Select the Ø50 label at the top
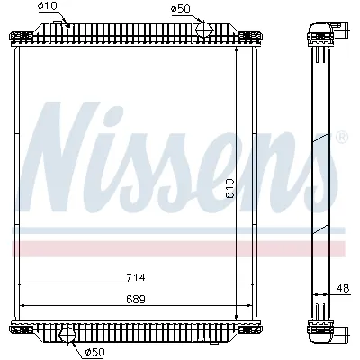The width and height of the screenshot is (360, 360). click(x=180, y=9)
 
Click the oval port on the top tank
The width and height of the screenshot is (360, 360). click(x=204, y=31)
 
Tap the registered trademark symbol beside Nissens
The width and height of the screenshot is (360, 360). click(x=341, y=138)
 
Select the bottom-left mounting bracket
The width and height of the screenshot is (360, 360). click(x=17, y=326)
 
